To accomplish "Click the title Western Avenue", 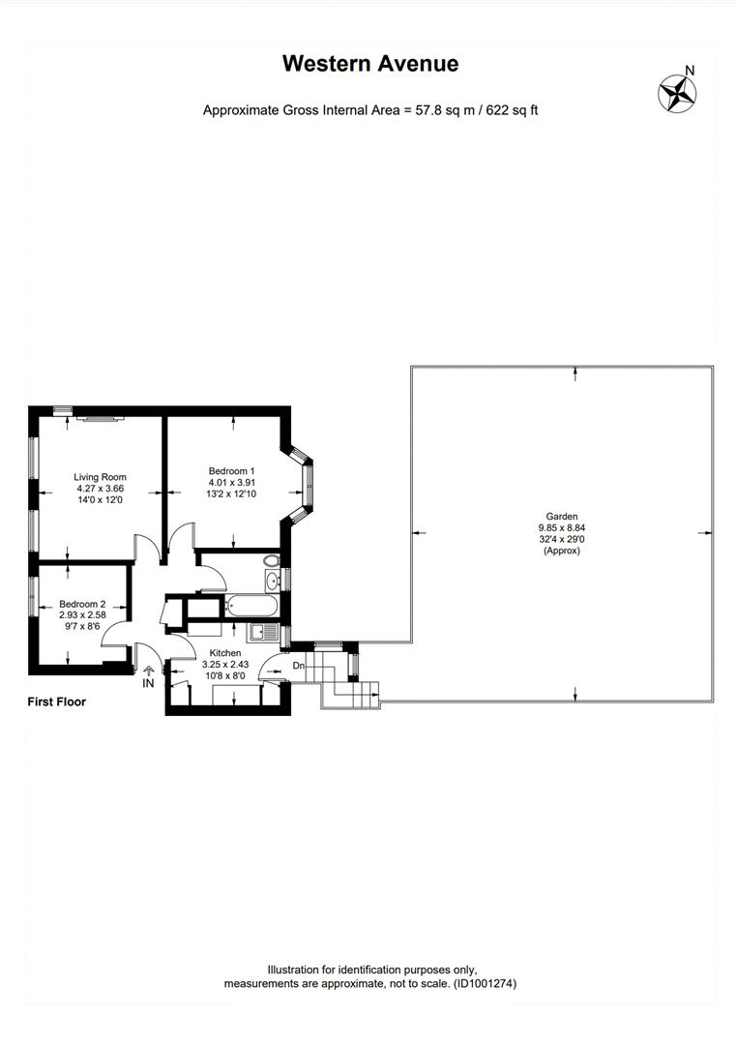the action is pyautogui.click(x=370, y=63).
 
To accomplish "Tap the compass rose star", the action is pyautogui.click(x=677, y=94).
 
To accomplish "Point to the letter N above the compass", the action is pyautogui.click(x=690, y=70).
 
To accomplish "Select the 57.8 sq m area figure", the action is pyautogui.click(x=445, y=110).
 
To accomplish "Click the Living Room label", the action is pyautogui.click(x=100, y=477).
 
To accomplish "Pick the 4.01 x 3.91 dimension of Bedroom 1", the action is pyautogui.click(x=232, y=483).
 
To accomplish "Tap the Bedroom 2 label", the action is pyautogui.click(x=82, y=605).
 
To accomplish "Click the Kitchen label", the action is pyautogui.click(x=225, y=653).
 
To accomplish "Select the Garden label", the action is pyautogui.click(x=562, y=517).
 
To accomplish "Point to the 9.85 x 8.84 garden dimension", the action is pyautogui.click(x=562, y=528).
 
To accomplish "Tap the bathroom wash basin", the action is pyautogui.click(x=272, y=581).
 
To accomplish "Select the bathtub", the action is pyautogui.click(x=251, y=607).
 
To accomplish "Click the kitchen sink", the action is pyautogui.click(x=263, y=632).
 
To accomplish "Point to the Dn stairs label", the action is pyautogui.click(x=299, y=666).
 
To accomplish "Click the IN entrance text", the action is pyautogui.click(x=148, y=684).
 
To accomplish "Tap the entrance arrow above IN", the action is pyautogui.click(x=148, y=671).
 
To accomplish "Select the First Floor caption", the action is pyautogui.click(x=57, y=702).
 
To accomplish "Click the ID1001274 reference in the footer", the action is pyautogui.click(x=486, y=983).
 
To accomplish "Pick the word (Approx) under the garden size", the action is pyautogui.click(x=562, y=552).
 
